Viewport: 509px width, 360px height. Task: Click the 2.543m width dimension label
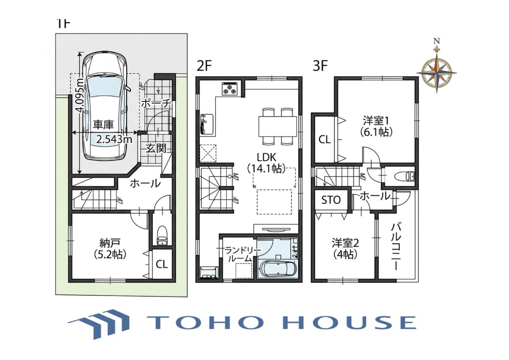pos(114,139)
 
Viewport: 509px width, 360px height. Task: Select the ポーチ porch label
pos(155,104)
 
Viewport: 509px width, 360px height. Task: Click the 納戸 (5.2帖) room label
pos(110,249)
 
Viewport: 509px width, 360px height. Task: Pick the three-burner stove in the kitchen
pos(230,89)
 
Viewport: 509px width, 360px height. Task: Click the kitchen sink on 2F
pos(206,125)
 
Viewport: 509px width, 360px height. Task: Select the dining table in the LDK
pos(278,126)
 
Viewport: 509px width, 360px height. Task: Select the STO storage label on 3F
pos(331,200)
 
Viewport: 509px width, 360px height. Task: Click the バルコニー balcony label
pos(396,247)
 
